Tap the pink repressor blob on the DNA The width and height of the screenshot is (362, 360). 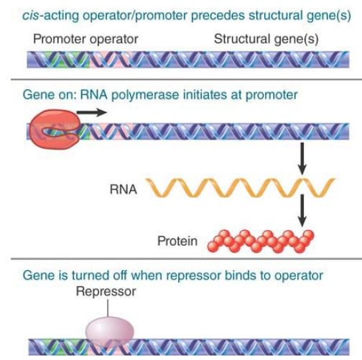click(x=109, y=331)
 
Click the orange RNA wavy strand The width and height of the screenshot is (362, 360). click(x=240, y=188)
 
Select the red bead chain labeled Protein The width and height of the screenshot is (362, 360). click(x=261, y=241)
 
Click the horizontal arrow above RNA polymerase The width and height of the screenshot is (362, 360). click(x=92, y=112)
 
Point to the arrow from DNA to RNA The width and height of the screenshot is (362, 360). click(x=302, y=159)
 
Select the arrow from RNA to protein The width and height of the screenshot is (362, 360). click(x=302, y=211)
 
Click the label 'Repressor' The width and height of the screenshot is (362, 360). click(x=106, y=292)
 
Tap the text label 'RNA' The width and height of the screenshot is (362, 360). click(x=124, y=189)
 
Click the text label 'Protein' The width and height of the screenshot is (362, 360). click(x=177, y=241)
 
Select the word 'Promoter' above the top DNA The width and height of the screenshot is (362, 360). click(x=60, y=39)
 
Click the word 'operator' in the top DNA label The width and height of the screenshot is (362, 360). click(x=113, y=40)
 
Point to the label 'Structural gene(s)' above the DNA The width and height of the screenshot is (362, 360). click(x=266, y=40)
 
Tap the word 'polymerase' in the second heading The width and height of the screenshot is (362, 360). click(x=145, y=95)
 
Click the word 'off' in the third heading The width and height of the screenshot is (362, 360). click(x=121, y=275)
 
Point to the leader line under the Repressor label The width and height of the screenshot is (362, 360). click(x=108, y=308)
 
